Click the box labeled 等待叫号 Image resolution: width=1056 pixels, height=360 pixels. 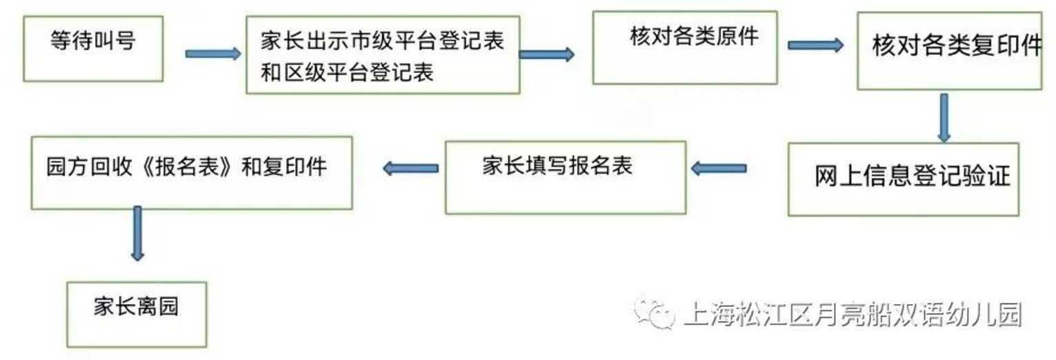tap(93, 48)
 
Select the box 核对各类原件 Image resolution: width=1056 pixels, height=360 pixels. tap(685, 48)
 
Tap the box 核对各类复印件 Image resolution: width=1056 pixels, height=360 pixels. tap(949, 50)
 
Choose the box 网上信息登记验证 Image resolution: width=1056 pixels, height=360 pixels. tap(903, 179)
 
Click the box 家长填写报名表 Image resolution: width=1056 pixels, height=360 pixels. tap(565, 177)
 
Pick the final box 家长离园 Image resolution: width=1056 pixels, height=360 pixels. tap(137, 314)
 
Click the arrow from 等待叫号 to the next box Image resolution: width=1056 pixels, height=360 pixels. tap(212, 54)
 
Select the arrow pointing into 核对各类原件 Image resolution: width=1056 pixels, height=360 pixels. tap(546, 54)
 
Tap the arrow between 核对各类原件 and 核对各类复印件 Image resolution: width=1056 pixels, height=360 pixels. tap(815, 46)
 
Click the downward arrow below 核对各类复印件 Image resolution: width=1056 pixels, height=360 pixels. tap(944, 117)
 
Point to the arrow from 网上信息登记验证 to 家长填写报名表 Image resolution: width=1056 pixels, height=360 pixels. tap(719, 168)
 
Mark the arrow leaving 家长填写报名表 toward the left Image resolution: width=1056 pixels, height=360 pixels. tap(411, 168)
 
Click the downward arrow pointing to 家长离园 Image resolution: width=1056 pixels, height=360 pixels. tap(138, 233)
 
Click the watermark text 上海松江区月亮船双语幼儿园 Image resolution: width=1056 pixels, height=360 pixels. tap(853, 314)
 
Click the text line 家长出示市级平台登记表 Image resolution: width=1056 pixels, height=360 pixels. tap(382, 40)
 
